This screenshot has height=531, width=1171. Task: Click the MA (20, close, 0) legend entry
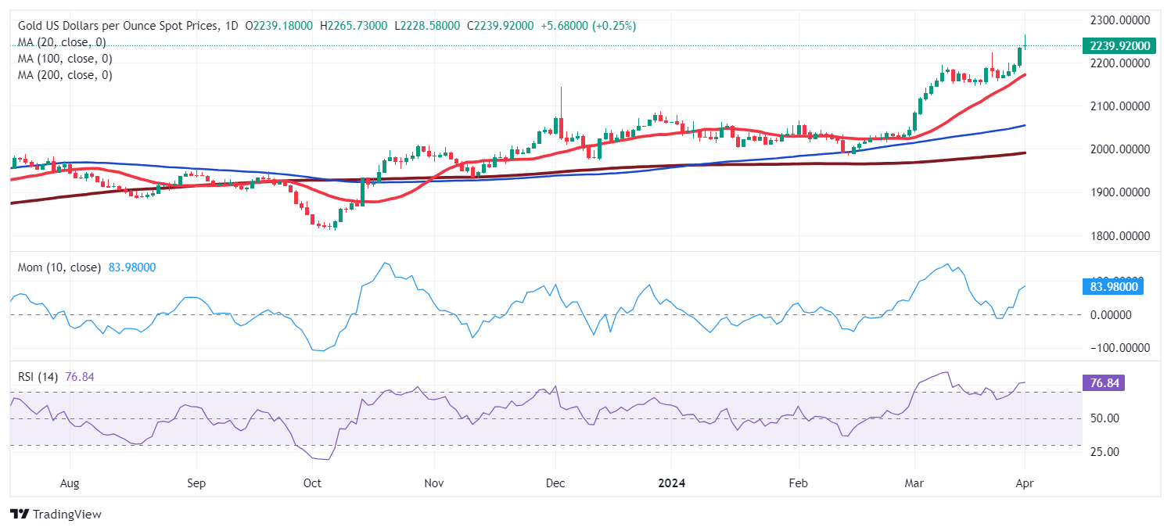pyautogui.click(x=62, y=42)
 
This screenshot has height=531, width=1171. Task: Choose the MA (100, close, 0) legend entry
pyautogui.click(x=65, y=59)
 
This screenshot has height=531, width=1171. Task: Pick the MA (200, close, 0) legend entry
pyautogui.click(x=65, y=75)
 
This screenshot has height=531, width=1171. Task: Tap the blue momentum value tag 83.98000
pyautogui.click(x=1112, y=287)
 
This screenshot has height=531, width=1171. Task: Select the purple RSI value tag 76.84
pyautogui.click(x=1103, y=383)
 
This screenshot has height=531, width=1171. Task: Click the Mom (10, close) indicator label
pyautogui.click(x=59, y=267)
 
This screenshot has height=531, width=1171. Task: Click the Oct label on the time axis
pyautogui.click(x=312, y=483)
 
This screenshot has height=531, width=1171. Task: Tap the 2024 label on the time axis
pyautogui.click(x=671, y=483)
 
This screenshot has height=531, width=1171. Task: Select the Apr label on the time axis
pyautogui.click(x=1025, y=483)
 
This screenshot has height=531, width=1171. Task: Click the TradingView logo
pyautogui.click(x=56, y=515)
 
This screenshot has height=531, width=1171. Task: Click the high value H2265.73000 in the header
pyautogui.click(x=354, y=26)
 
